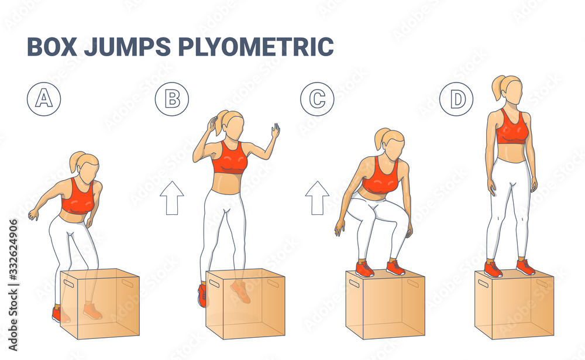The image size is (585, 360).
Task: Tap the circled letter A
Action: click(x=44, y=98)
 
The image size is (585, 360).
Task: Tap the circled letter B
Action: click(x=172, y=98)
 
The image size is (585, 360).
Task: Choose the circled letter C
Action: click(x=317, y=98)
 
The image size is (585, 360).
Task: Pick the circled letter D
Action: click(x=457, y=98)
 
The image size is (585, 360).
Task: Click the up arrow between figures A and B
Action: click(x=172, y=198)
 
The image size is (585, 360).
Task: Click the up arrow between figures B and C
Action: click(x=317, y=198)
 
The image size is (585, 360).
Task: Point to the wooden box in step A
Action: click(x=99, y=304)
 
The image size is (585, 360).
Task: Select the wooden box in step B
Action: click(x=246, y=304)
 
